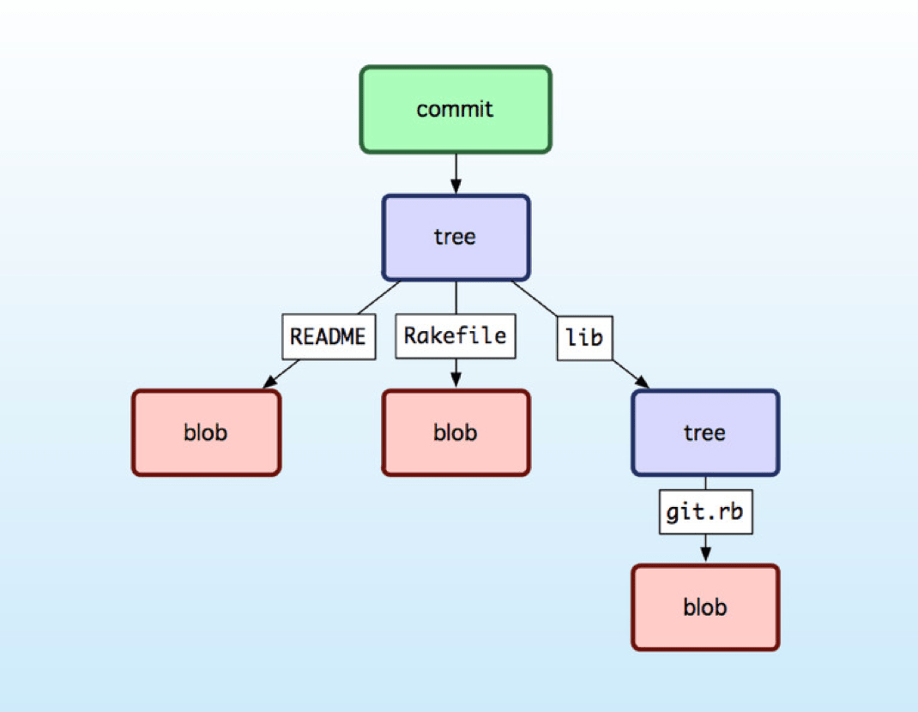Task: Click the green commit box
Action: point(455,110)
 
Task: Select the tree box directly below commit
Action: point(455,237)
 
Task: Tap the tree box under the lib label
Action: point(705,433)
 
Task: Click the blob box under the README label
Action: point(206,433)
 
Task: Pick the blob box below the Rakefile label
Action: point(455,433)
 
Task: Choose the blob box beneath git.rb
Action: point(705,607)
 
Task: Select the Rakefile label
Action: point(455,336)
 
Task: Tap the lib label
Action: point(584,337)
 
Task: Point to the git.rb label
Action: point(705,512)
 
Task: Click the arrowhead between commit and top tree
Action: point(456,187)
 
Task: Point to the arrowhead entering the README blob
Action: point(269,382)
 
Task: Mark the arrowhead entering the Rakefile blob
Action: point(456,383)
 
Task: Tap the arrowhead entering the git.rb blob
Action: point(705,557)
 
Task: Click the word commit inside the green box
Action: point(455,110)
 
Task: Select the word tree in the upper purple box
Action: point(455,237)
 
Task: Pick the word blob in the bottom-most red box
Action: point(705,607)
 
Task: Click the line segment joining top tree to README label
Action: point(379,297)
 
